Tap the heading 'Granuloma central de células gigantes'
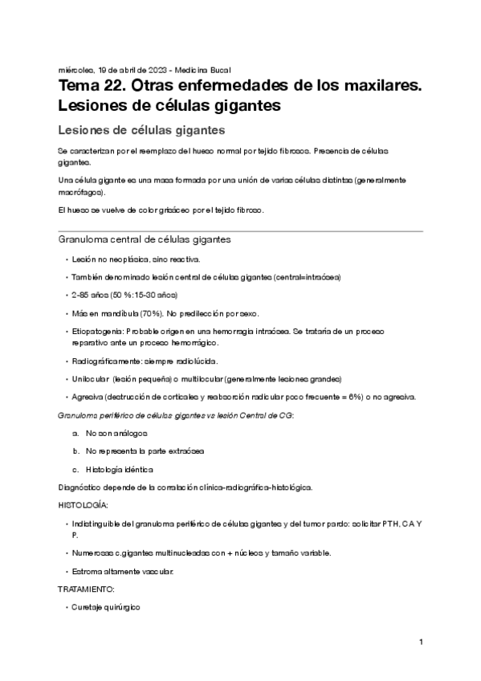click(145, 239)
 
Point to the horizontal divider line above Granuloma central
click(240, 231)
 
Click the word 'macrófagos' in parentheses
click(80, 193)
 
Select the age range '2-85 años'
click(88, 294)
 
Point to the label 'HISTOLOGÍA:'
click(83, 505)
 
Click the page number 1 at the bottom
click(420, 642)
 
